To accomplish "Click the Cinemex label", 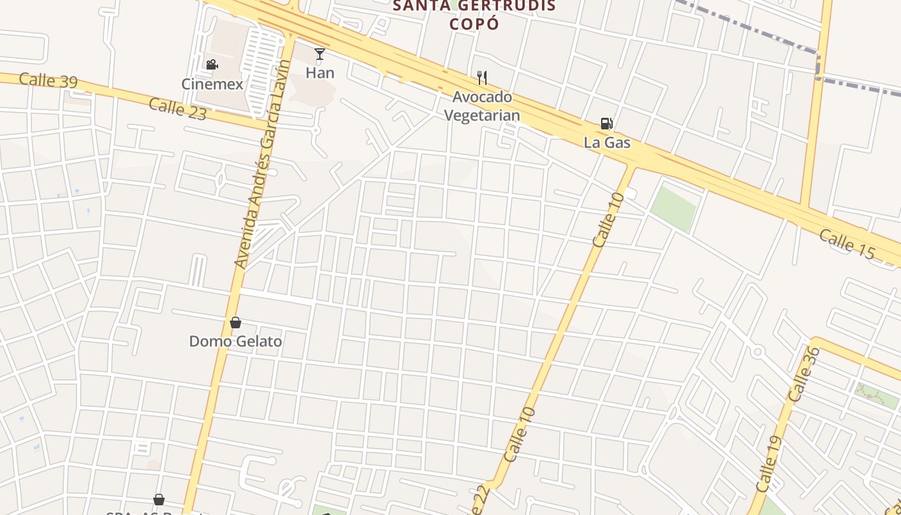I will pyautogui.click(x=212, y=84).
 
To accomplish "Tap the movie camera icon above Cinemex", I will pyautogui.click(x=212, y=64).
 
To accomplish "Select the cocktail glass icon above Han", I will pyautogui.click(x=320, y=53).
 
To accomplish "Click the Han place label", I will pyautogui.click(x=320, y=73).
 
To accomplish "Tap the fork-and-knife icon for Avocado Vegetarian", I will pyautogui.click(x=482, y=78).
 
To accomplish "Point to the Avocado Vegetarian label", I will pyautogui.click(x=482, y=106).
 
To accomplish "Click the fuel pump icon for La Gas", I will pyautogui.click(x=606, y=123).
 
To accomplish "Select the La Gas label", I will pyautogui.click(x=607, y=142).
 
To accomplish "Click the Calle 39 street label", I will pyautogui.click(x=48, y=80).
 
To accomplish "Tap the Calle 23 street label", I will pyautogui.click(x=178, y=109).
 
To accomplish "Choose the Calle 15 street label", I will pyautogui.click(x=848, y=245).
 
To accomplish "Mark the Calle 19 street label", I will pyautogui.click(x=770, y=464).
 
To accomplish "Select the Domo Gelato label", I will pyautogui.click(x=236, y=341).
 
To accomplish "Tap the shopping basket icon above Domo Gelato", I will pyautogui.click(x=236, y=323).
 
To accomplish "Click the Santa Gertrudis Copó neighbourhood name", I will pyautogui.click(x=474, y=15).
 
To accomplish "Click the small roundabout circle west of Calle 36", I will pyautogui.click(x=757, y=352).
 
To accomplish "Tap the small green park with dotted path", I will pyautogui.click(x=877, y=394).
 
